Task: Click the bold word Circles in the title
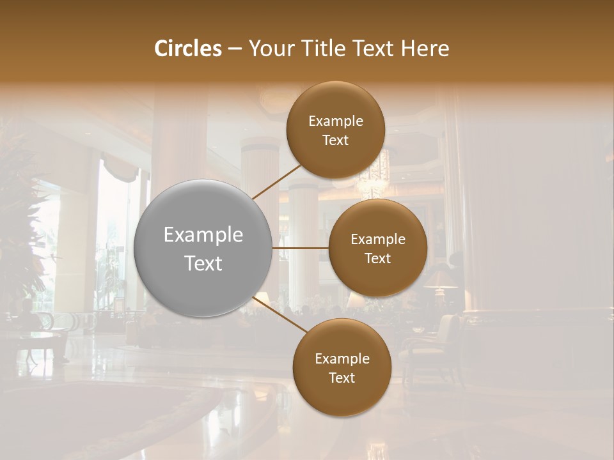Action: coord(187,49)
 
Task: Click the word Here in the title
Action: coord(425,49)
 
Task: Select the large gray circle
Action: coord(203,248)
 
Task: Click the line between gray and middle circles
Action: coord(300,248)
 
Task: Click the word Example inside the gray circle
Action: coord(203,235)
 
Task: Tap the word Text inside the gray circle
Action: coord(203,263)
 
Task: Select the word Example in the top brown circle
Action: coord(336,121)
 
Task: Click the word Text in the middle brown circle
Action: coord(378,259)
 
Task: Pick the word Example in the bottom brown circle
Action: coord(342,359)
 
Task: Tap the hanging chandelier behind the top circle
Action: coord(374,176)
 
